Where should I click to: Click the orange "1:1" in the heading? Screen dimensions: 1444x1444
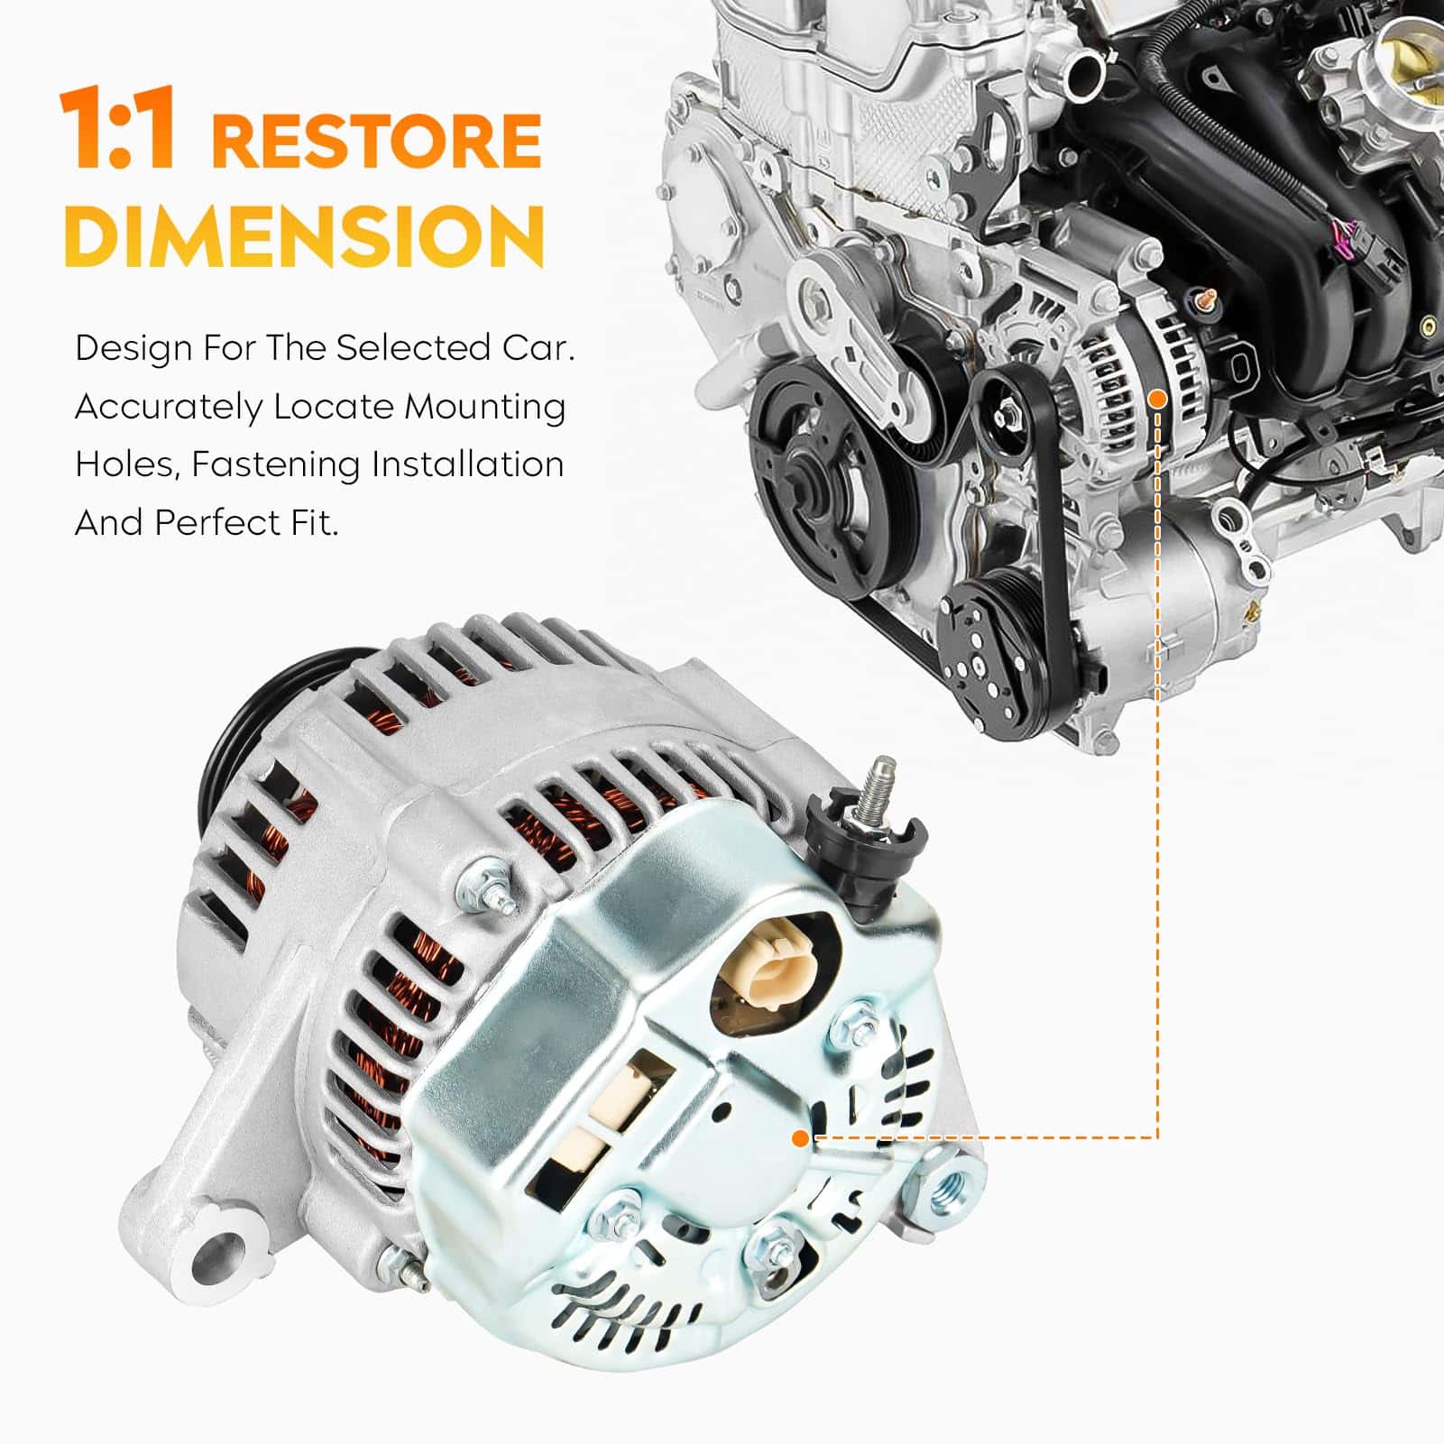point(118,129)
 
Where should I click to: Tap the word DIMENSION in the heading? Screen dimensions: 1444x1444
point(304,234)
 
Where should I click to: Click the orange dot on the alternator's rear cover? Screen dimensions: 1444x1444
point(799,1138)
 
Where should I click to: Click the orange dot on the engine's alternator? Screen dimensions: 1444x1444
point(1158,397)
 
